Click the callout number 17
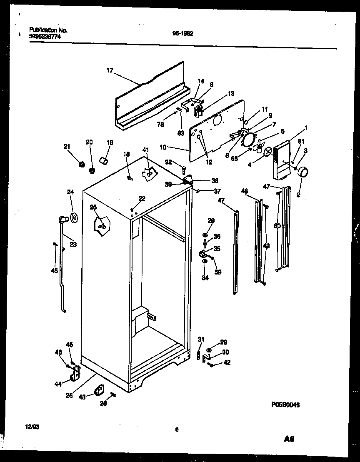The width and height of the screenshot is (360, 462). click(110, 71)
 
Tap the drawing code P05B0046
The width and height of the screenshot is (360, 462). click(285, 405)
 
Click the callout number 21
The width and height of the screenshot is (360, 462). click(67, 146)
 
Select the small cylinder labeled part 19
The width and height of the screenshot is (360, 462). click(103, 160)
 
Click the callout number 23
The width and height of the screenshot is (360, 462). click(73, 245)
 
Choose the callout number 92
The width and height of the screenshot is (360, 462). click(168, 162)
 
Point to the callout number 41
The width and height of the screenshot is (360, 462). click(145, 150)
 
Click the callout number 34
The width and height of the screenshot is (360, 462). click(205, 278)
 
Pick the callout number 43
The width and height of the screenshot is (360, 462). click(82, 397)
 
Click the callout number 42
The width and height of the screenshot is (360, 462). click(227, 362)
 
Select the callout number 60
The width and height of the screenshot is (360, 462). click(277, 226)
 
